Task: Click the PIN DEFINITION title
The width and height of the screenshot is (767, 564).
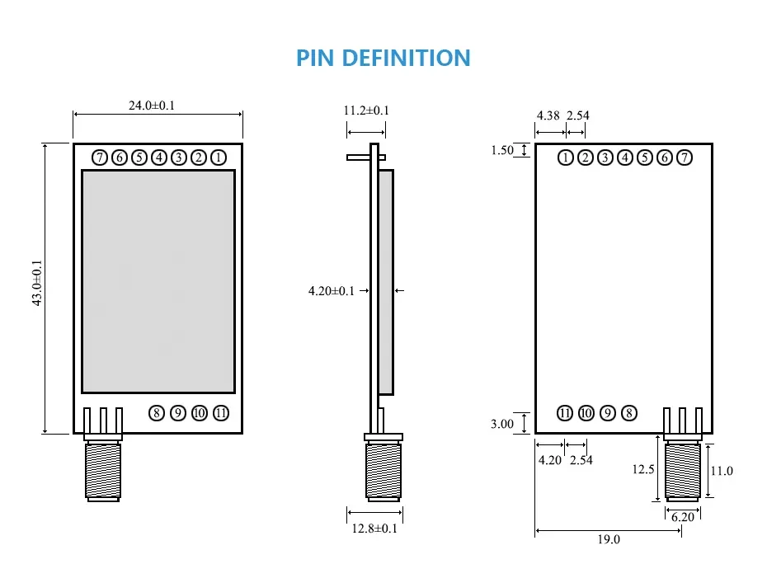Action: [x=383, y=58]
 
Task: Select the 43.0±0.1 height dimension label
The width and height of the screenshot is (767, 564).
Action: [x=36, y=284]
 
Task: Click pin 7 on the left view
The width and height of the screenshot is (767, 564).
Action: [x=100, y=157]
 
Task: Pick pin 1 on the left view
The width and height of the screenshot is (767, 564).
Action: [x=219, y=157]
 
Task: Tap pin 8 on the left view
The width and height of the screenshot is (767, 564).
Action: [x=157, y=413]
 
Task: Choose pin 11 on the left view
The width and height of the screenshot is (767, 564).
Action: [x=220, y=413]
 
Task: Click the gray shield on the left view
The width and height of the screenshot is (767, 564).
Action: [x=158, y=281]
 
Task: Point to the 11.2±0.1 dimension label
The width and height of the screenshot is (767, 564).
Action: [x=366, y=110]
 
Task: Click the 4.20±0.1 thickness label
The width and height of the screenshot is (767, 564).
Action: [x=331, y=290]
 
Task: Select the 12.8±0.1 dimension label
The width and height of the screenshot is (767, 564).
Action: [x=374, y=529]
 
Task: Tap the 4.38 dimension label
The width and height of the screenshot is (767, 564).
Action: [x=548, y=115]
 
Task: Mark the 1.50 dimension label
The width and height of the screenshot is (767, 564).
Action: [x=502, y=150]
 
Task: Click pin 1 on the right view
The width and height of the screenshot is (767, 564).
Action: [x=565, y=157]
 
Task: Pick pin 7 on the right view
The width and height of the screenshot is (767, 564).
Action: [x=685, y=157]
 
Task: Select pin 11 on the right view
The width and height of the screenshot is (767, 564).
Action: [x=565, y=413]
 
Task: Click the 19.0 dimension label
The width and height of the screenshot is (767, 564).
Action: [x=608, y=540]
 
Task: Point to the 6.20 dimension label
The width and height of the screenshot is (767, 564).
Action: [x=684, y=517]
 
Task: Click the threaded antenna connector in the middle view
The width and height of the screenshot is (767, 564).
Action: [x=383, y=472]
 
